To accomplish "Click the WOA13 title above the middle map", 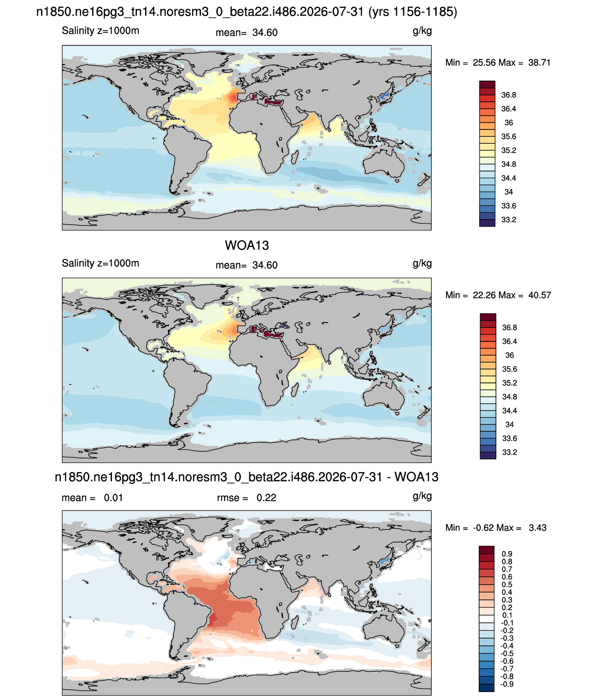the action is pos(247,245).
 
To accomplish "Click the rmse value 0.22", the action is pos(266,498).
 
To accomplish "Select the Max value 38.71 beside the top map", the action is pos(539,63).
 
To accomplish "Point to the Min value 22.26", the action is pos(484,295).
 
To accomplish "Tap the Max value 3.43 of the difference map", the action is pos(538,528).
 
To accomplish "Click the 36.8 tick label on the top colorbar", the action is pos(509,95).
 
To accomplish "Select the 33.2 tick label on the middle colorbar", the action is pos(510,452).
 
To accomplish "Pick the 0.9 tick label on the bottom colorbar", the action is pos(507,554).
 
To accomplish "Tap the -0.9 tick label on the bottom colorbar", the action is pos(507,684).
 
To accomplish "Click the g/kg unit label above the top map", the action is pos(422,31).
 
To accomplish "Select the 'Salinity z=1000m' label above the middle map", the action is pos(100,263).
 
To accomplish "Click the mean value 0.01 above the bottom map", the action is pos(113,498).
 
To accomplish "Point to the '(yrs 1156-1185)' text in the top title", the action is pos(413,12).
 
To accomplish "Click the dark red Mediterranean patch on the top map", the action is pos(273,102).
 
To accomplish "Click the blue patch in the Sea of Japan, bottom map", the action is pos(384,562).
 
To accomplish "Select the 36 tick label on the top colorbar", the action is pos(509,123).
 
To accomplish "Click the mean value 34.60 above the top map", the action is pos(265,33).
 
